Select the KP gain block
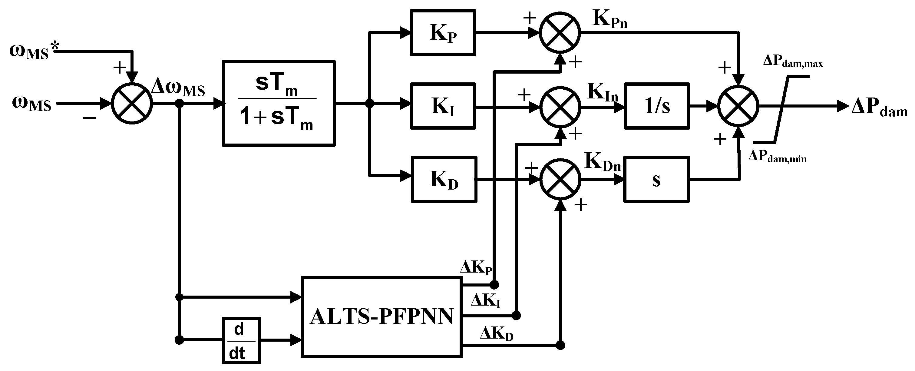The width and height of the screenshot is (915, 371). tap(443, 33)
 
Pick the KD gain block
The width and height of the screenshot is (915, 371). tap(444, 180)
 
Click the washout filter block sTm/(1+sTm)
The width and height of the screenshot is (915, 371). tap(279, 103)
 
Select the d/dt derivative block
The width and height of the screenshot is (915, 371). tap(241, 340)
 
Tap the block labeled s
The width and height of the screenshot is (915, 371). tap(656, 180)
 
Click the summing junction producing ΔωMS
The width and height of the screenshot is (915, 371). tap(132, 104)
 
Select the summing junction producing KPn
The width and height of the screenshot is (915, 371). tap(560, 32)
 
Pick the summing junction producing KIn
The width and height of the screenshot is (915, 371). tap(560, 107)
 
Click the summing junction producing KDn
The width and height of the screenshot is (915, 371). tap(560, 180)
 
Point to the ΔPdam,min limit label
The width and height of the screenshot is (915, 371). tap(777, 156)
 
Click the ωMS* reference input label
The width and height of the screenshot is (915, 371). tap(34, 51)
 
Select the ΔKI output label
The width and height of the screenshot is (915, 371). tap(486, 301)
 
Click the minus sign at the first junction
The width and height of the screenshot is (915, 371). tap(90, 118)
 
